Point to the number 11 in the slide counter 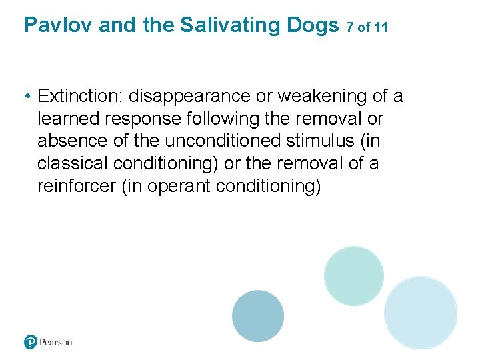[x=381, y=28]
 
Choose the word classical [x=73, y=164]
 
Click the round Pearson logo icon [x=31, y=342]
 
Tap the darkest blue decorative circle [x=258, y=316]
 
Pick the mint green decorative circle [x=354, y=275]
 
